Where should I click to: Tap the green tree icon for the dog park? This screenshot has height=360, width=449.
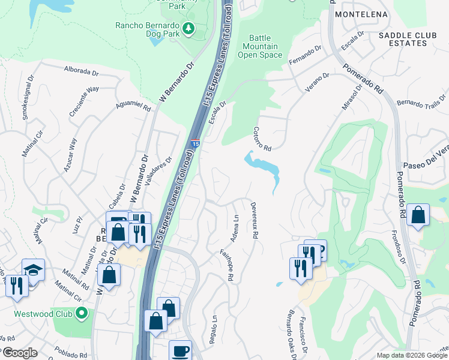[x=188, y=28]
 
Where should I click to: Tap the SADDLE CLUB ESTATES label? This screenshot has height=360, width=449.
[x=408, y=39]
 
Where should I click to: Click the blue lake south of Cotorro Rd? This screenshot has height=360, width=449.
[x=262, y=163]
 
